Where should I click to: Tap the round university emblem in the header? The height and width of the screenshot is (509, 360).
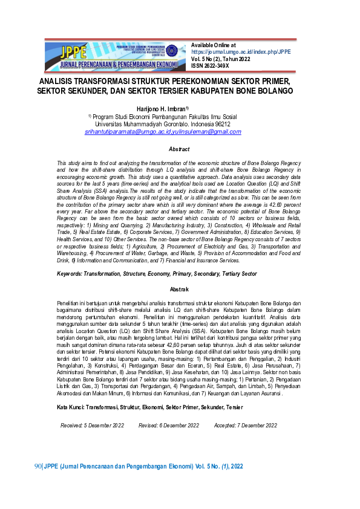click(x=171, y=51)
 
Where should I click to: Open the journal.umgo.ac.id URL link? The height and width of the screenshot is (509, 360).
click(x=241, y=52)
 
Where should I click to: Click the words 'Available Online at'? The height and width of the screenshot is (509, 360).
click(x=213, y=45)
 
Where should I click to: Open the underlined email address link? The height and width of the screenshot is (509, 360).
click(x=163, y=131)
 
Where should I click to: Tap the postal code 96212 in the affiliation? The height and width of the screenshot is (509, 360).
click(x=222, y=123)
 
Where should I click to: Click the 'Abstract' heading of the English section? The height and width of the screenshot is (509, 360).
click(x=179, y=149)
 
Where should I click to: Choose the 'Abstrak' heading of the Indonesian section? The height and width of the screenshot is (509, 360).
click(x=180, y=290)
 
